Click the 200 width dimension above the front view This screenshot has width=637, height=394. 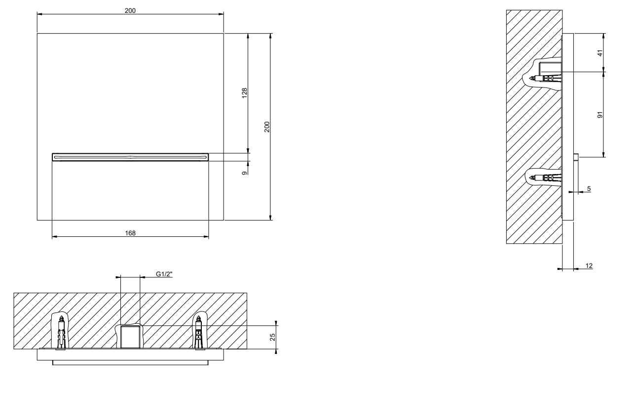[x=130, y=10]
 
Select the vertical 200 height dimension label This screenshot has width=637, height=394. [x=267, y=127]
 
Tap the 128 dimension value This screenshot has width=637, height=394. [x=244, y=93]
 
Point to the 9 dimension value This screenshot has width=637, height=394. [x=244, y=173]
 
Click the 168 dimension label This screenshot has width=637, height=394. [x=130, y=233]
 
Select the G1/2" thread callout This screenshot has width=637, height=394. [x=164, y=274]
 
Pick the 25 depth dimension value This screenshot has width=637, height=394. [x=272, y=337]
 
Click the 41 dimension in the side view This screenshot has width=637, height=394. [x=600, y=53]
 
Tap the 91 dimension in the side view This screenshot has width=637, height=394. [x=600, y=115]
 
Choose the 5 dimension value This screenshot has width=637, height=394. [x=589, y=188]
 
